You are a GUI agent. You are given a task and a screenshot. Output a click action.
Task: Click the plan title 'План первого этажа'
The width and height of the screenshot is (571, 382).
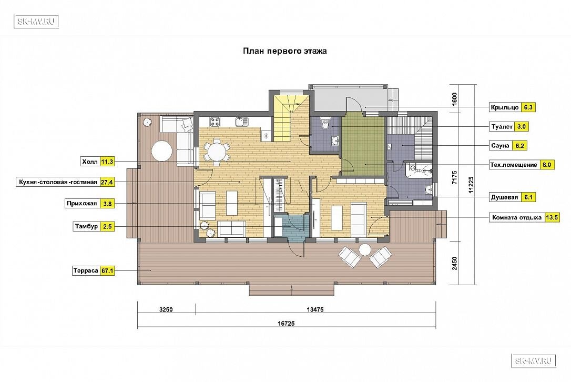point(285,51)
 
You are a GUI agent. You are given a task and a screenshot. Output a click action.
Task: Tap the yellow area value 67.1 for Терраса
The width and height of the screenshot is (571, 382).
point(107,271)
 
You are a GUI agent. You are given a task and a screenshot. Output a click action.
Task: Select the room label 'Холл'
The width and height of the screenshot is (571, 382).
point(89,162)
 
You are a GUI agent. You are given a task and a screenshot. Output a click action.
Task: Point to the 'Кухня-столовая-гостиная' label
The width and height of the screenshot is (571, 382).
point(58,182)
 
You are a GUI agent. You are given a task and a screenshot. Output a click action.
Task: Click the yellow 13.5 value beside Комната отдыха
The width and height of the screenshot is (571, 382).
point(552,217)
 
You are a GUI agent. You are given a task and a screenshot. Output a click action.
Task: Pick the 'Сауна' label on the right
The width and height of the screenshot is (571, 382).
point(500,145)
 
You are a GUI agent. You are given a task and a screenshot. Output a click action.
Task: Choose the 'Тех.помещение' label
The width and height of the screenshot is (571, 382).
point(514,165)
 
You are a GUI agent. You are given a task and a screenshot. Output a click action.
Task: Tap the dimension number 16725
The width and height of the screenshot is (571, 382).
point(286,323)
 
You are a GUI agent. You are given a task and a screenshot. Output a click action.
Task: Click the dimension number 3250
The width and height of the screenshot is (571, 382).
point(166,309)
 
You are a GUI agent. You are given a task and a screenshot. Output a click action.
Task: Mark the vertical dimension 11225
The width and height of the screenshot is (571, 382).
point(471,185)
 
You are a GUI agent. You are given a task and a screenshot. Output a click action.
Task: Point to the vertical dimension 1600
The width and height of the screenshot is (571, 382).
point(454,99)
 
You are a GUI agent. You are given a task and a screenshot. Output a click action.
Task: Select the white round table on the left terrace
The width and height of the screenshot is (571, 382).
point(162,151)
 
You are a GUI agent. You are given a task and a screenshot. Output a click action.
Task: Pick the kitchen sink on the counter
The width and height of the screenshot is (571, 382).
point(241,122)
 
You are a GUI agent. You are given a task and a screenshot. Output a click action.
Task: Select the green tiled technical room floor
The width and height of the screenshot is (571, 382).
point(363,144)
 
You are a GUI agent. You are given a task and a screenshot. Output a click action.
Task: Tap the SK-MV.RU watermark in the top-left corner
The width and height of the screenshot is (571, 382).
point(36,22)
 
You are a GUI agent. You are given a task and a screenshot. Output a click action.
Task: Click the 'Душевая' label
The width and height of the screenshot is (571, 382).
point(504,197)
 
